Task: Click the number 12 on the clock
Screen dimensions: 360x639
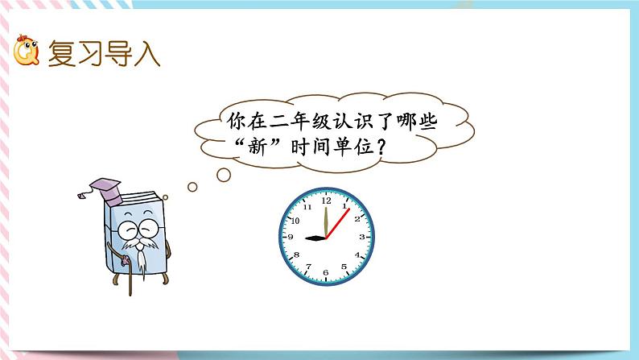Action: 326,201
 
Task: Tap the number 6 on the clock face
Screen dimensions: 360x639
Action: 326,273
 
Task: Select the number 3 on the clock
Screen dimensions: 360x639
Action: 362,237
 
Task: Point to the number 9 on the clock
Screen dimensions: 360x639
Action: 290,238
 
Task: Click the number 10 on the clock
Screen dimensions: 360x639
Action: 295,219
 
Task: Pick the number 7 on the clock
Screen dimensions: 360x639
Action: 308,268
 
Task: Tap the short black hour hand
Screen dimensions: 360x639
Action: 314,238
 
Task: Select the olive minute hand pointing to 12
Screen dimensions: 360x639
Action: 326,221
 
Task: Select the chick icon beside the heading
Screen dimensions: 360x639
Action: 26,53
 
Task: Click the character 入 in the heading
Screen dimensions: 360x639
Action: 146,53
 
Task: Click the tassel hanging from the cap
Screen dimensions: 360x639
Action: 82,197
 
